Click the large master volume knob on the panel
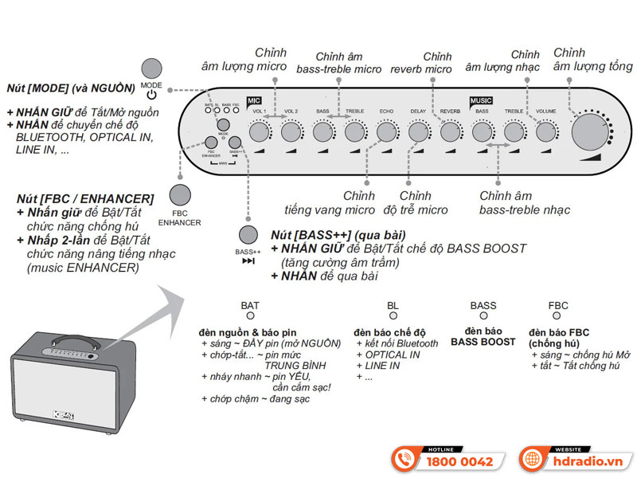coord(587,131)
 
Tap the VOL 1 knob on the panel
coord(260,131)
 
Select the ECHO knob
coord(387,131)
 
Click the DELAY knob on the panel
coord(419,131)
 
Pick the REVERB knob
coord(451,131)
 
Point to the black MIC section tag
coord(254,101)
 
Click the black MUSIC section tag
coord(481,101)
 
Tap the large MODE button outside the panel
coord(151,69)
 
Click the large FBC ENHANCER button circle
coord(180,195)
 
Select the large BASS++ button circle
coord(248,234)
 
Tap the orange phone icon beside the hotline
coord(405,459)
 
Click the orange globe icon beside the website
coord(532,459)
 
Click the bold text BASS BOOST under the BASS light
coord(483,341)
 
